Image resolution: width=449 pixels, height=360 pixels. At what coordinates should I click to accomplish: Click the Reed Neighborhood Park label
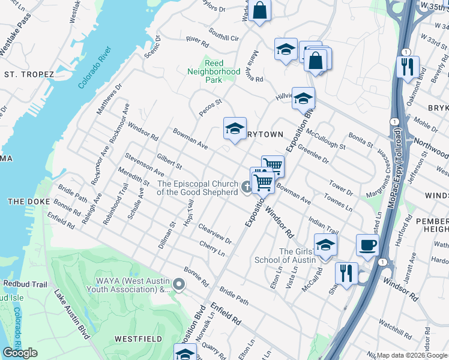tap(214, 71)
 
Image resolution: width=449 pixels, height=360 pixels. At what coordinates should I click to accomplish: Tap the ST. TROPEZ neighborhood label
tap(29, 74)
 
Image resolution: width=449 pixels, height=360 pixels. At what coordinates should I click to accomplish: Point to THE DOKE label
tap(23, 201)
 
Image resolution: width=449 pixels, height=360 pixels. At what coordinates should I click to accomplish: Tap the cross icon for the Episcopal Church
tap(246, 189)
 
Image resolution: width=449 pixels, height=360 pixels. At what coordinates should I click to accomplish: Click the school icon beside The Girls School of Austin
tap(325, 245)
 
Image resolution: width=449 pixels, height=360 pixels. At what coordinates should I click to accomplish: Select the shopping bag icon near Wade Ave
tap(260, 10)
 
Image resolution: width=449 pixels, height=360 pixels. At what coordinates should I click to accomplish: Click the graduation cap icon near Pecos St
tap(235, 128)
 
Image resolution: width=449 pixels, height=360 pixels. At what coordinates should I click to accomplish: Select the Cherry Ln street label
tap(212, 249)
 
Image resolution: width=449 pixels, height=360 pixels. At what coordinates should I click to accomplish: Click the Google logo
tap(20, 353)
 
